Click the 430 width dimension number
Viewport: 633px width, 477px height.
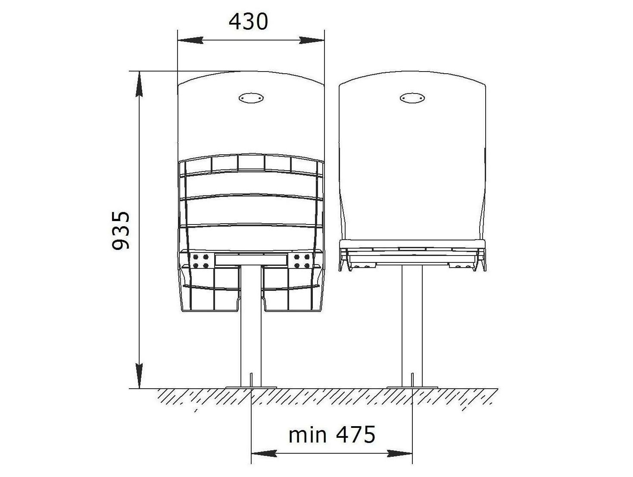(248, 22)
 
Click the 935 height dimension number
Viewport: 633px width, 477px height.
(121, 230)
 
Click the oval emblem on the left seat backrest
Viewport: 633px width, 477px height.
(251, 98)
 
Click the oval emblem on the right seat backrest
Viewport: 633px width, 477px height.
(412, 98)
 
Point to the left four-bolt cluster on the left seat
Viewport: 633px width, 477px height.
(201, 261)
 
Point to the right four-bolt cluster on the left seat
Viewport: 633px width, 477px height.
(302, 261)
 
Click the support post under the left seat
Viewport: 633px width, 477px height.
(251, 326)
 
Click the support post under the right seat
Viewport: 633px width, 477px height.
(412, 326)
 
